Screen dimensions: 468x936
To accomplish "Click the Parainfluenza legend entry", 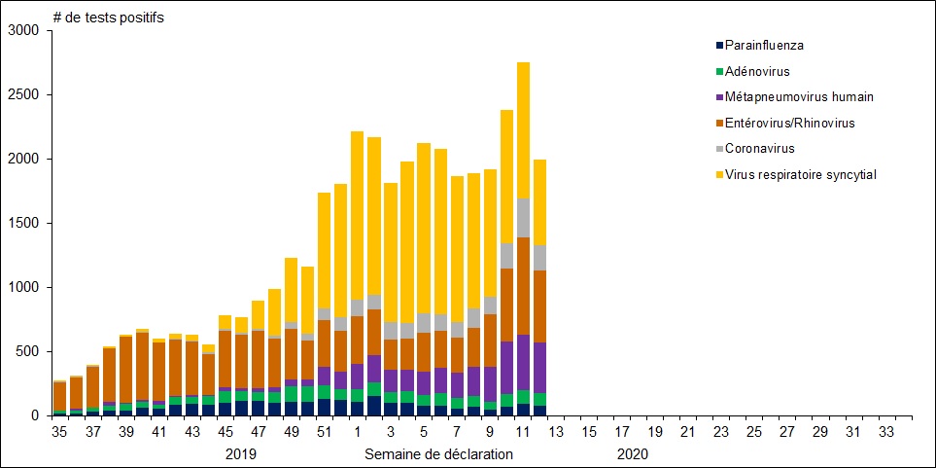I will pyautogui.click(x=764, y=45).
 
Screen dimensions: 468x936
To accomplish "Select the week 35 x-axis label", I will pyautogui.click(x=60, y=431).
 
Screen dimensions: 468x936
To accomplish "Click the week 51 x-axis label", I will pyautogui.click(x=325, y=431).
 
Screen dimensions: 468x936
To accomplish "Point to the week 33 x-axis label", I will pyautogui.click(x=886, y=431).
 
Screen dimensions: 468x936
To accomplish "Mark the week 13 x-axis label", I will pyautogui.click(x=556, y=431).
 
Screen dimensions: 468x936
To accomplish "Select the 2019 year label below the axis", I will pyautogui.click(x=241, y=453).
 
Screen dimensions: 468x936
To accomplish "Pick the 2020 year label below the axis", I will pyautogui.click(x=632, y=453).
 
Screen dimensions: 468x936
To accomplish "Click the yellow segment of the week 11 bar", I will pyautogui.click(x=523, y=130).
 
